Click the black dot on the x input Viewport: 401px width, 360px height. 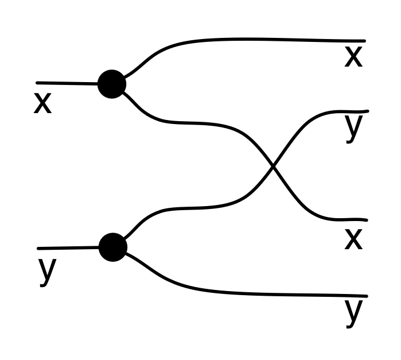[112, 84]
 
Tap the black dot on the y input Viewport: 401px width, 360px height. [112, 247]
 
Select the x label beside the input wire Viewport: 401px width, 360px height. [42, 104]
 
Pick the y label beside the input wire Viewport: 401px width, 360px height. [47, 272]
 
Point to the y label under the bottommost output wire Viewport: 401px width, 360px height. [354, 311]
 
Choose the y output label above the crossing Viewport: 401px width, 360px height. [354, 127]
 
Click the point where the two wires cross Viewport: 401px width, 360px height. [274, 167]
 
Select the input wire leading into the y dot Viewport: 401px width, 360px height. [68, 248]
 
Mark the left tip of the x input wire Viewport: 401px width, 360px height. [37, 83]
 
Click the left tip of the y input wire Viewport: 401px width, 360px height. [38, 249]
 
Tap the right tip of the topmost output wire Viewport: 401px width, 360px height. [364, 41]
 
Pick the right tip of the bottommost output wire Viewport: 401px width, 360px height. [365, 296]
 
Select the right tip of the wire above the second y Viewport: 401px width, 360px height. [367, 111]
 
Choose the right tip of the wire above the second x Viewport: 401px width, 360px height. [366, 220]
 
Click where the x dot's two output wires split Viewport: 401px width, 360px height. [124, 84]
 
